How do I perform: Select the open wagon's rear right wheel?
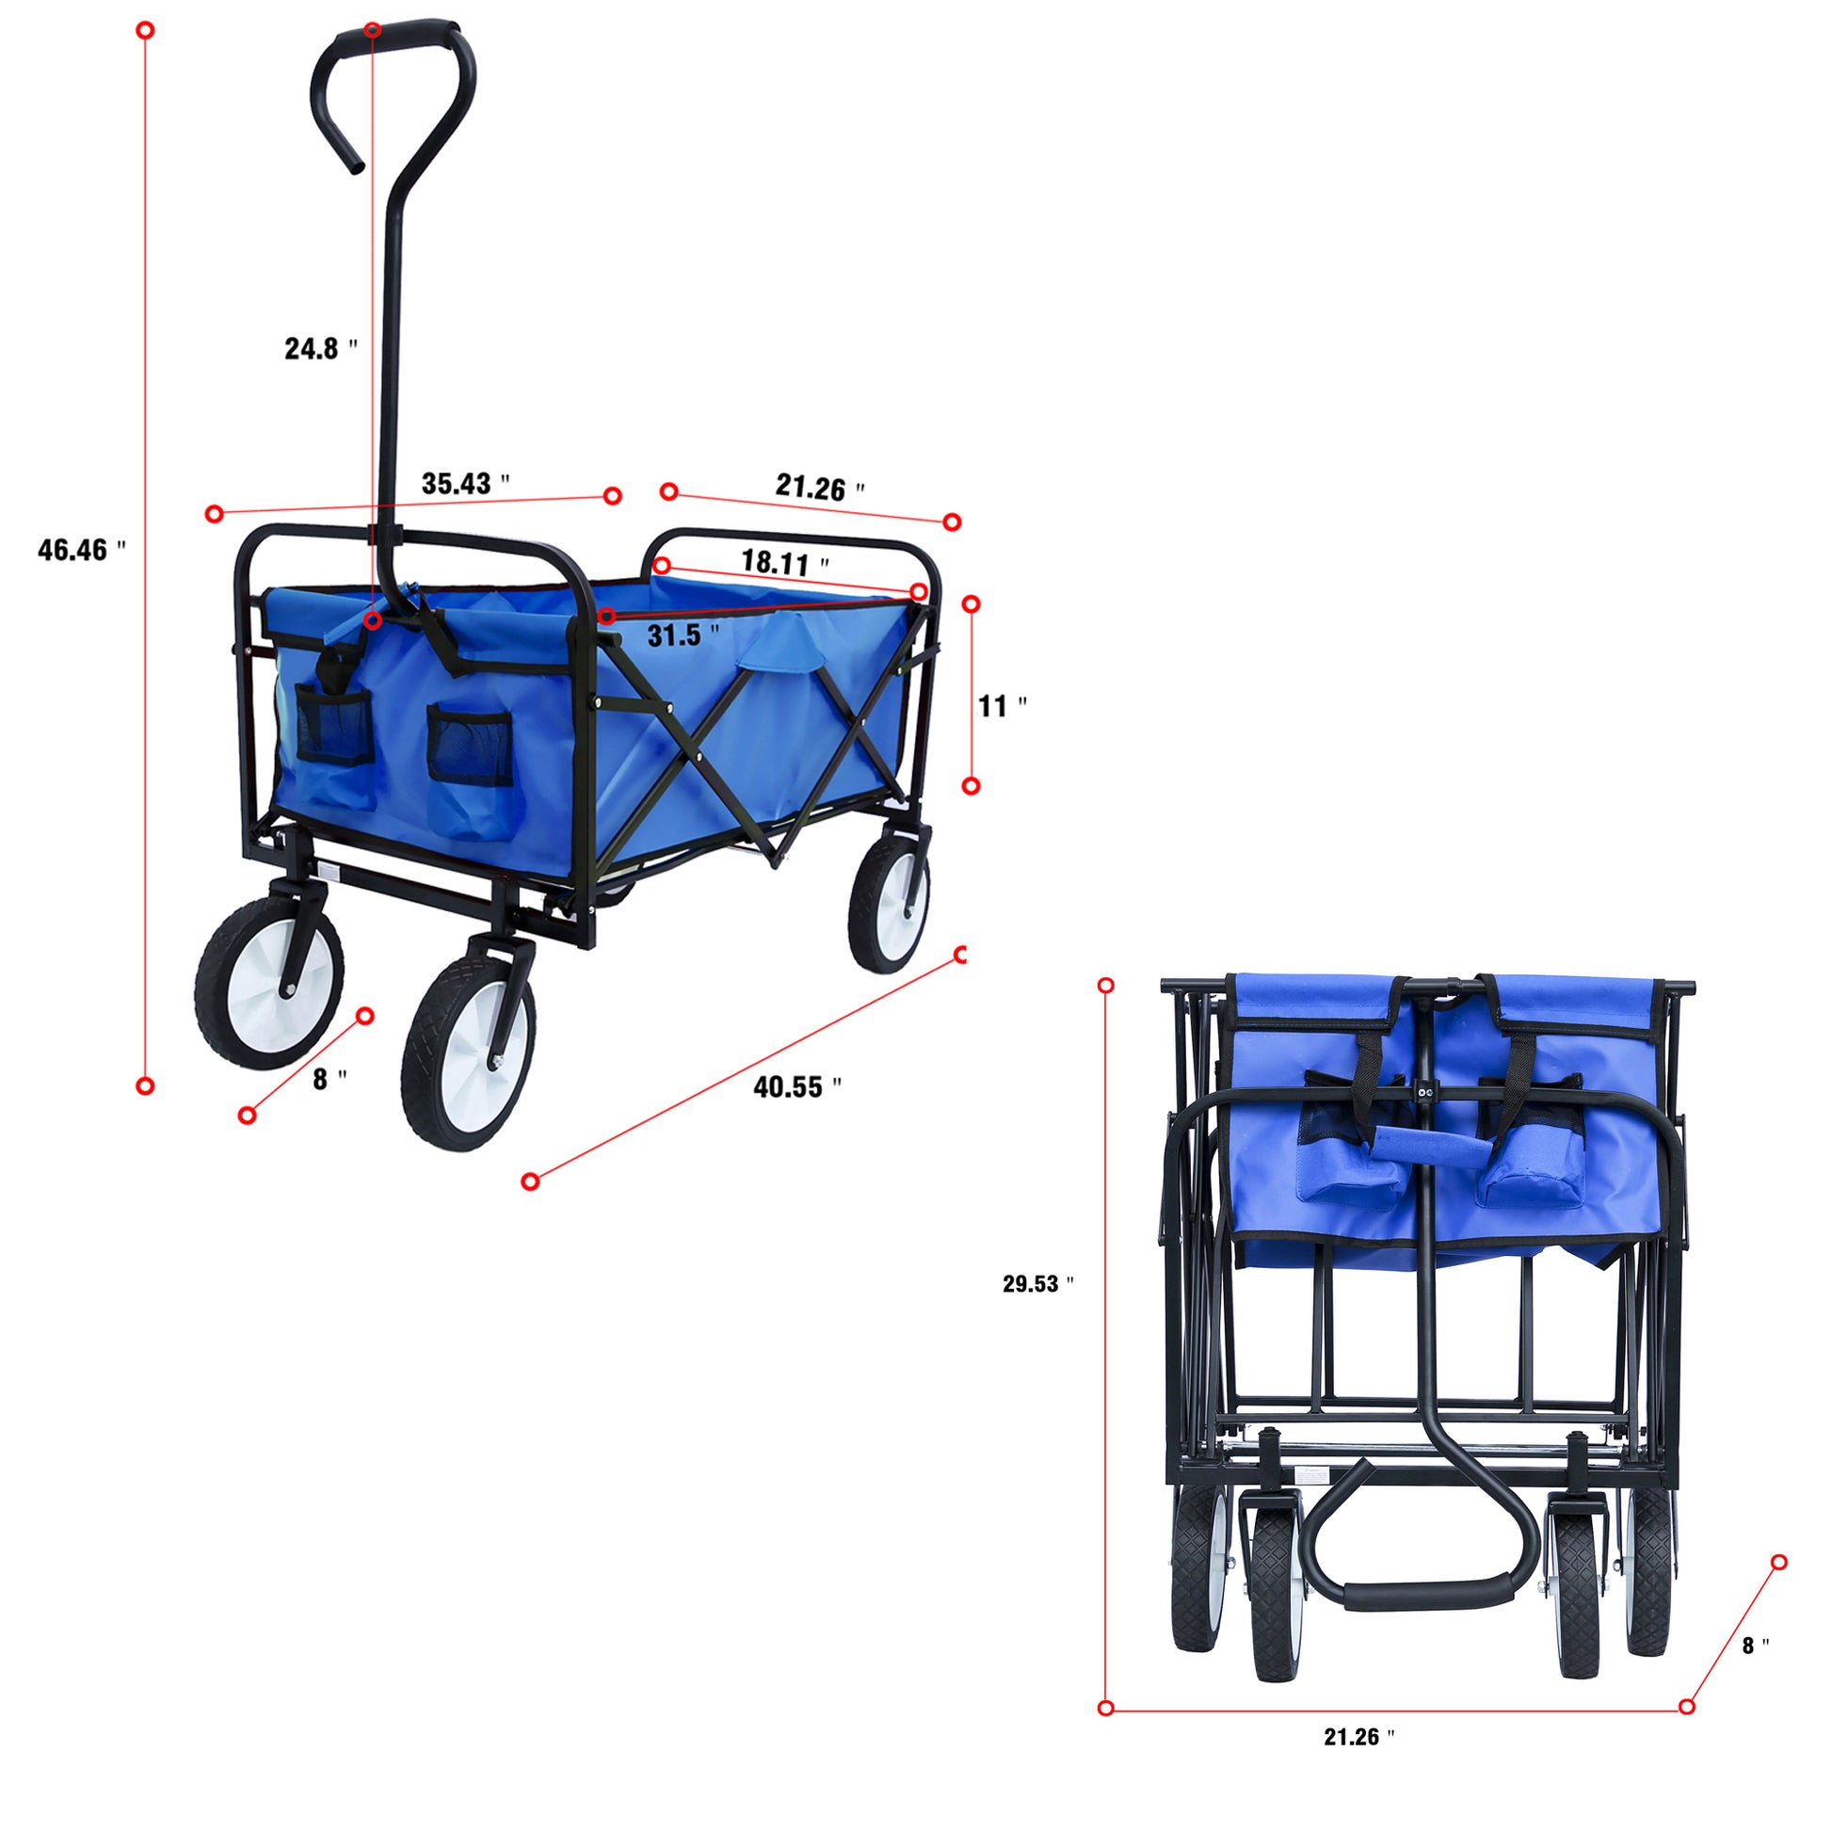point(889,895)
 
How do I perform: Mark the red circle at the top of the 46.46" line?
point(145,30)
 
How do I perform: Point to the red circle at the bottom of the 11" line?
point(970,786)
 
